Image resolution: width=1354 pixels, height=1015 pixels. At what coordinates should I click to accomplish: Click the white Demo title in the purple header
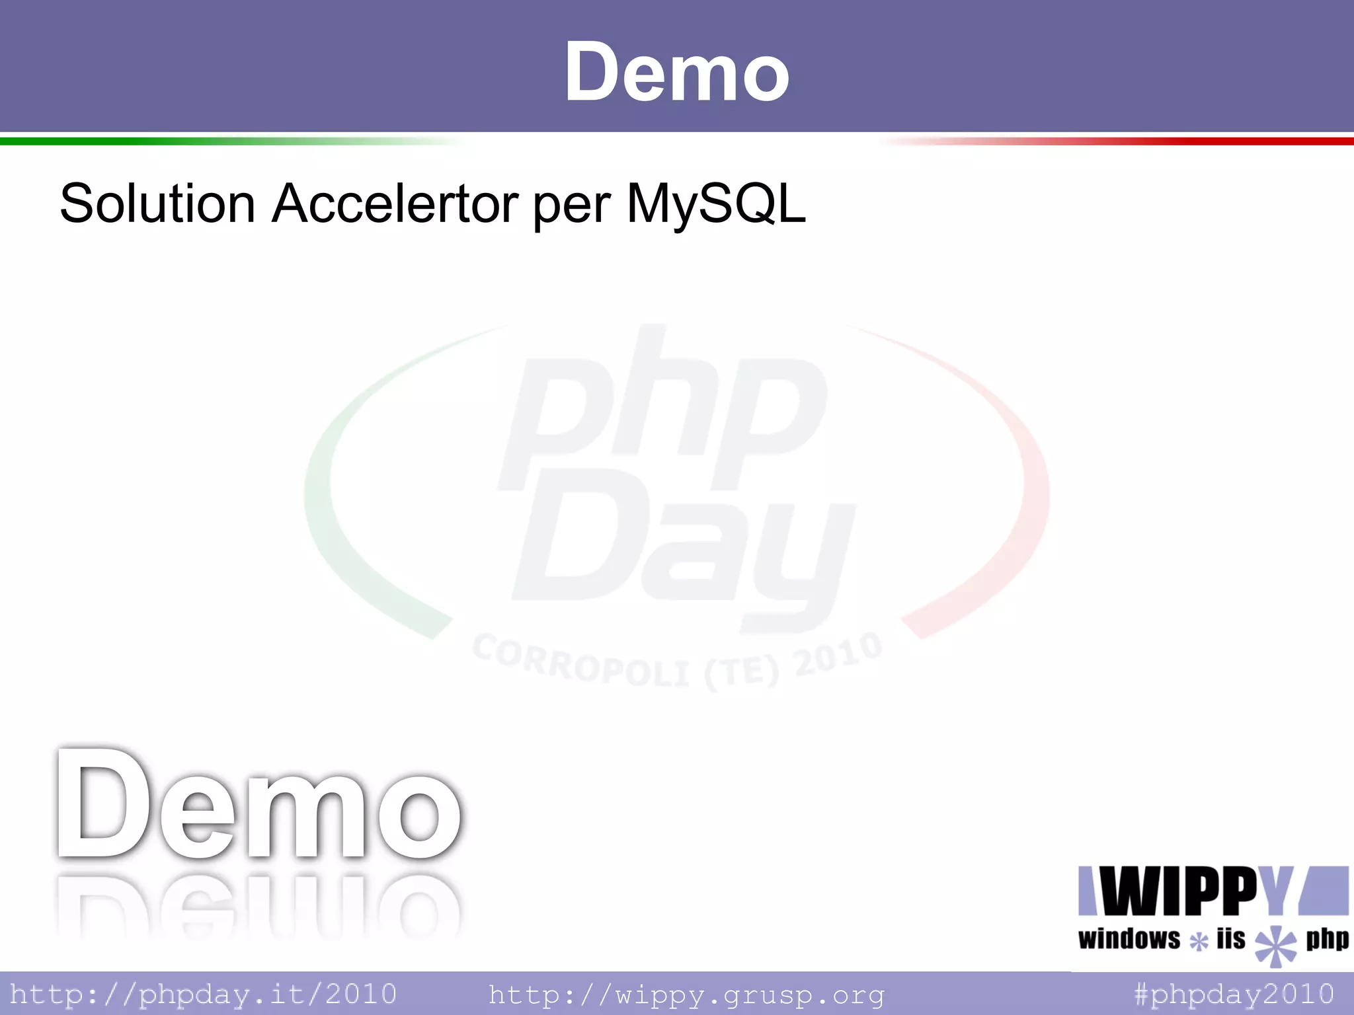(676, 71)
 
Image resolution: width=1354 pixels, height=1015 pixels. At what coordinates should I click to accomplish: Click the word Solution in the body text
(157, 204)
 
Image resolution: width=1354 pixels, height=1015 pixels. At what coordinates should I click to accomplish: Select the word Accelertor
(395, 204)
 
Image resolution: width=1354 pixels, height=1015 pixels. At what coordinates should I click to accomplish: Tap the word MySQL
(716, 204)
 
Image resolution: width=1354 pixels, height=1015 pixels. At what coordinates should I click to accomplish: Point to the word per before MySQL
(572, 206)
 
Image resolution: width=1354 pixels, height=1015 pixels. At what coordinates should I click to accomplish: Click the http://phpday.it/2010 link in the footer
(203, 994)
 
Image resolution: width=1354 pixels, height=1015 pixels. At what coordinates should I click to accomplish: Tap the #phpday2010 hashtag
(1234, 994)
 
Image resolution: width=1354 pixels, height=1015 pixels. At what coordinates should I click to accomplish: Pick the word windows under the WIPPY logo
(1129, 939)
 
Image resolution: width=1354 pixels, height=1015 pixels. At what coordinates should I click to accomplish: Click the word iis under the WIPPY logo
(1230, 938)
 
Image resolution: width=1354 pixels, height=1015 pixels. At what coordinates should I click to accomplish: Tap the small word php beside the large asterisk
(1326, 938)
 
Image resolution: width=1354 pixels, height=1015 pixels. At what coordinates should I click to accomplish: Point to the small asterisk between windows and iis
(1199, 941)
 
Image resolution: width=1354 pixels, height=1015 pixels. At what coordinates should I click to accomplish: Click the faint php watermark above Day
(661, 410)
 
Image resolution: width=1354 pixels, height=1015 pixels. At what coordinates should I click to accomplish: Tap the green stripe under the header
(165, 141)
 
